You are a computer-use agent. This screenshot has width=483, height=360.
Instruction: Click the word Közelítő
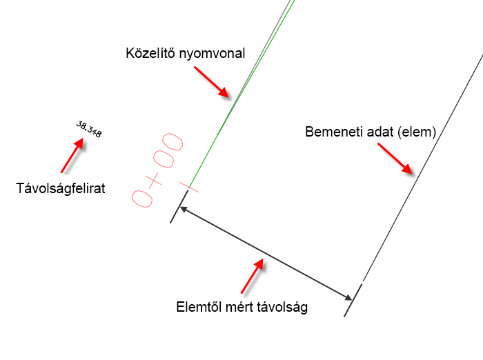pos(150,53)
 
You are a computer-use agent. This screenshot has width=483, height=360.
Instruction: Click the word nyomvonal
pos(211,53)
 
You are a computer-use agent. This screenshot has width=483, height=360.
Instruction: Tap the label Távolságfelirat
pos(61,187)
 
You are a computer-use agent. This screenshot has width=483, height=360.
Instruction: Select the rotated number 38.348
pos(89,130)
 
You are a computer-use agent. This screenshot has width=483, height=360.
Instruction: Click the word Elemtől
pos(199,308)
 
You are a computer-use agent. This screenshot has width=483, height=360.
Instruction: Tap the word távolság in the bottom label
pos(282,308)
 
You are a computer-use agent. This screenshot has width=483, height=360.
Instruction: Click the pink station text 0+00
pos(158,170)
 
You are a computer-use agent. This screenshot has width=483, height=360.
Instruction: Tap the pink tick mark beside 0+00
pos(188,186)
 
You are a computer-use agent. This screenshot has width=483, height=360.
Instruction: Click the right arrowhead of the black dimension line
pos(348,297)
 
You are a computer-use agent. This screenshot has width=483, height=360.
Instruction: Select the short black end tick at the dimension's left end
pos(179,206)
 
